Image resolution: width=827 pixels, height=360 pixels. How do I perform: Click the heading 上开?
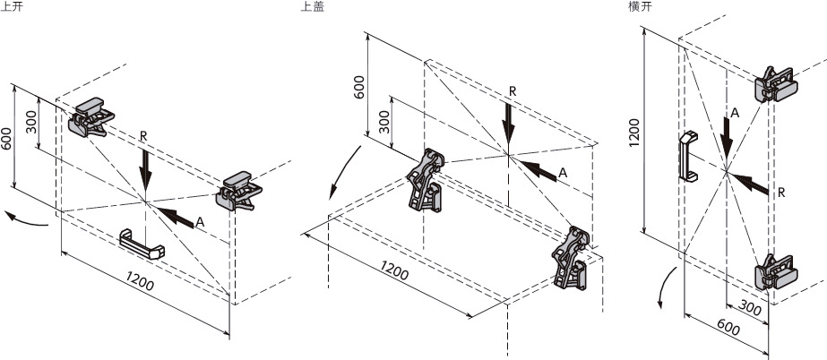[12, 7]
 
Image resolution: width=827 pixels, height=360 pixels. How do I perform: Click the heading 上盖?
[313, 7]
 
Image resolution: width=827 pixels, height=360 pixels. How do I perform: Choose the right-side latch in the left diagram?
[241, 188]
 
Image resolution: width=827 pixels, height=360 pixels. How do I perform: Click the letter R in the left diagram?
[144, 136]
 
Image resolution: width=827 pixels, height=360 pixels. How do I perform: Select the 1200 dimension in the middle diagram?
[395, 269]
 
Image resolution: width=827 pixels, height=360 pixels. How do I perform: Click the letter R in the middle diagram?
[513, 90]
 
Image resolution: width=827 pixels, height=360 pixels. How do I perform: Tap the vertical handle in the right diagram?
[687, 156]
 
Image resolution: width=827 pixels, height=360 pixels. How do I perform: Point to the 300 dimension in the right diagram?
[752, 309]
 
